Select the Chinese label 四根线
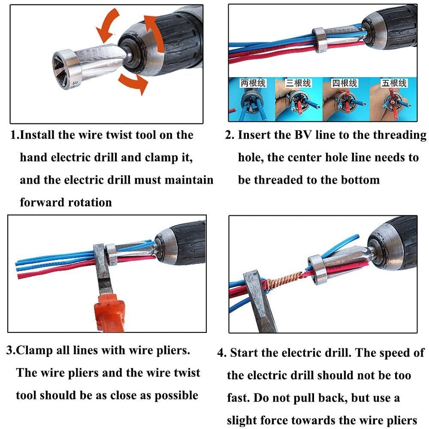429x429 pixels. [345, 83]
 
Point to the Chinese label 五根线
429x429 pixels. [394, 83]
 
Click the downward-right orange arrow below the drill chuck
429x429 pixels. [133, 84]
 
